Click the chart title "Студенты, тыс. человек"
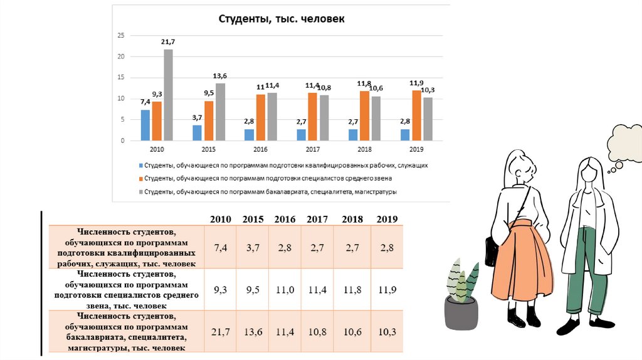(281, 19)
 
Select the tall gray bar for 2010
(168, 95)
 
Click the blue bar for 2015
(197, 133)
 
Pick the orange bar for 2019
(416, 115)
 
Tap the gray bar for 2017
(324, 118)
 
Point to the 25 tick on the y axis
(122, 36)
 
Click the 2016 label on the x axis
(260, 150)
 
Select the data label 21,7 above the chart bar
(168, 42)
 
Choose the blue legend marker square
(140, 166)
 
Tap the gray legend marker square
(140, 191)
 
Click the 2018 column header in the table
(353, 219)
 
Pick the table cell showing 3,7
(253, 248)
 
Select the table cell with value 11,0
(285, 291)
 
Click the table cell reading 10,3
(387, 332)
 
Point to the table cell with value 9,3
(221, 291)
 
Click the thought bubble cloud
(625, 142)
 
